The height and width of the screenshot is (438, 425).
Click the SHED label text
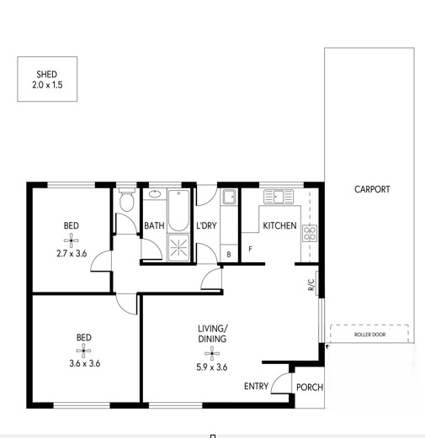pyautogui.click(x=47, y=74)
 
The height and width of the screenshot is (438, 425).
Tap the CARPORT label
pyautogui.click(x=372, y=189)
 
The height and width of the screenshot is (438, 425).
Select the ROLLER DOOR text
pyautogui.click(x=369, y=335)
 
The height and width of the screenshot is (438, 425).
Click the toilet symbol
pyautogui.click(x=127, y=199)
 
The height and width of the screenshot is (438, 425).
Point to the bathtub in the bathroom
pyautogui.click(x=178, y=210)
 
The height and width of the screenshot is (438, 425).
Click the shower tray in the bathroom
pyautogui.click(x=178, y=248)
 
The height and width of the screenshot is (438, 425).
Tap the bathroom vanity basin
pyautogui.click(x=155, y=193)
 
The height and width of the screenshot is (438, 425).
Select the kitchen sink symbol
pyautogui.click(x=279, y=197)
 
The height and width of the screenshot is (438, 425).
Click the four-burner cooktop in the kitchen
pyautogui.click(x=310, y=233)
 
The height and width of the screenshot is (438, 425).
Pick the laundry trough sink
pyautogui.click(x=229, y=197)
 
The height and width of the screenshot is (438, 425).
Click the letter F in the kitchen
pyautogui.click(x=251, y=249)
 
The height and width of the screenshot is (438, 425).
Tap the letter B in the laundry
pyautogui.click(x=229, y=255)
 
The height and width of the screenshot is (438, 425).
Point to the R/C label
pyautogui.click(x=311, y=284)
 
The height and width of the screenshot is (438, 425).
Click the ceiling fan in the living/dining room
pyautogui.click(x=212, y=353)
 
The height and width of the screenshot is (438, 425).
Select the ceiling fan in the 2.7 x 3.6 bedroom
pyautogui.click(x=72, y=240)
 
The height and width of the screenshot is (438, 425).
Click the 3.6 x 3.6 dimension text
pyautogui.click(x=85, y=363)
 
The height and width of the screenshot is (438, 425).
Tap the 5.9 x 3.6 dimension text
pyautogui.click(x=212, y=367)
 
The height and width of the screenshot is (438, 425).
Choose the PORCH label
pyautogui.click(x=310, y=388)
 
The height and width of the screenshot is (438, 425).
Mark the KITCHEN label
pyautogui.click(x=279, y=225)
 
